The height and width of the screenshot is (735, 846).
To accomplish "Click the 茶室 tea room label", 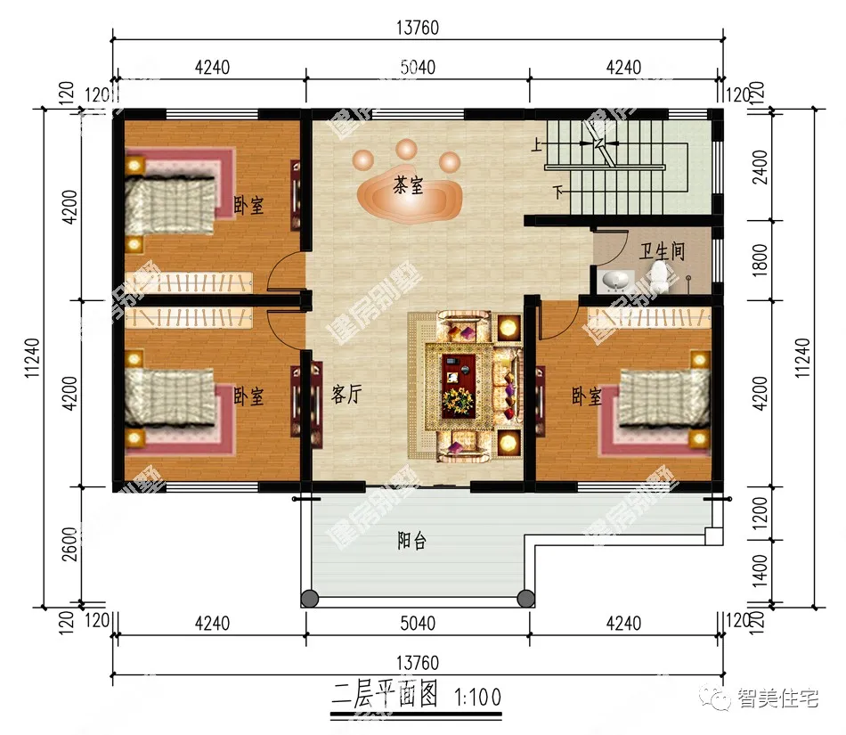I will (408, 186).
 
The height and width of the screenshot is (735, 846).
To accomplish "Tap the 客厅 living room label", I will (346, 395).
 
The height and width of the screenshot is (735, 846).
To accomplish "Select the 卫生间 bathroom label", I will (662, 250).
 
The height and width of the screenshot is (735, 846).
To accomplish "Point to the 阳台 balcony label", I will (411, 541).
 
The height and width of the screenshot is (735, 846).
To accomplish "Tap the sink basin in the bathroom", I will (615, 282).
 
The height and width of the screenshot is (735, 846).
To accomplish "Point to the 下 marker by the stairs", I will (557, 192).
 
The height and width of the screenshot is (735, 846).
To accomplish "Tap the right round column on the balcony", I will (525, 598).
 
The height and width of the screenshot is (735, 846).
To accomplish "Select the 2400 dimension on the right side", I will (760, 167).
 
